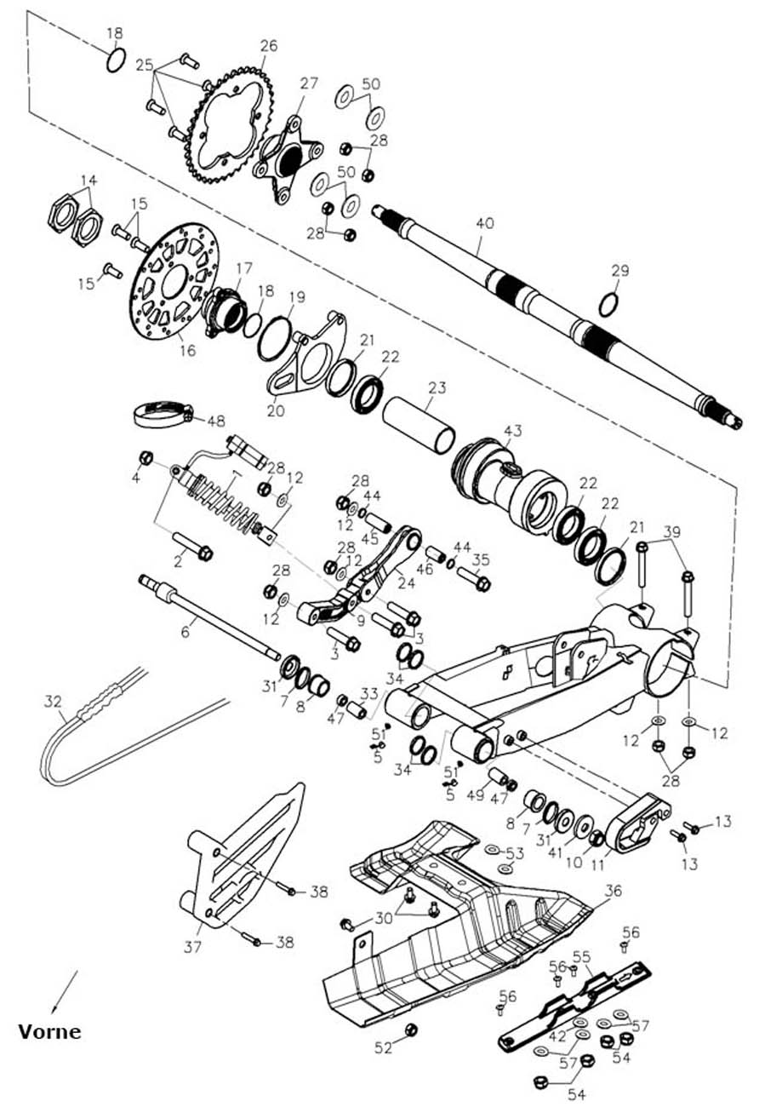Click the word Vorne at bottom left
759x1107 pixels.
point(50,1032)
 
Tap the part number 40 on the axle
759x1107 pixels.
point(484,225)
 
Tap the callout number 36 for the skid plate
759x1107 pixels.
point(613,891)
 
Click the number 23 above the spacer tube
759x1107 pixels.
point(437,387)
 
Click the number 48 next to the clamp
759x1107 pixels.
point(216,421)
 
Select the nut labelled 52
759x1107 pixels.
point(409,1030)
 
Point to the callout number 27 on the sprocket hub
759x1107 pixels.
point(308,83)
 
